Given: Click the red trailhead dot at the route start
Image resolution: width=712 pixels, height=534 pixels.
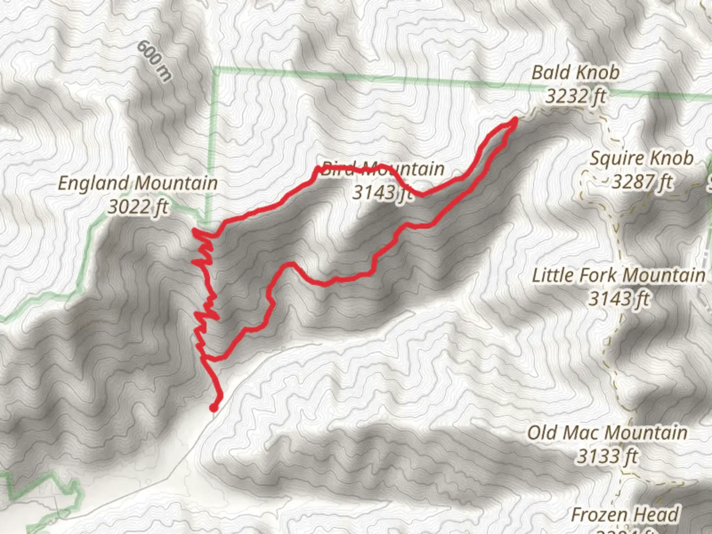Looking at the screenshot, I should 214,407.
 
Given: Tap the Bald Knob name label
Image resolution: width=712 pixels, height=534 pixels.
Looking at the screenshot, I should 575,73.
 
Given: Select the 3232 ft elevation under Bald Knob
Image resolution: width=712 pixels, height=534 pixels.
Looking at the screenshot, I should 576,95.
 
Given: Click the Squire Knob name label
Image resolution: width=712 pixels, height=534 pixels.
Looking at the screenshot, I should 641,159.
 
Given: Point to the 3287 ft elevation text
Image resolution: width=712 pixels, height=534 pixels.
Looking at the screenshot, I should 642,182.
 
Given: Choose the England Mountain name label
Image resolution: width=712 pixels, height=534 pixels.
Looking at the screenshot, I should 137,183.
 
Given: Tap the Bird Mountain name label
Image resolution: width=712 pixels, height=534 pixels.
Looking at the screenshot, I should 383,169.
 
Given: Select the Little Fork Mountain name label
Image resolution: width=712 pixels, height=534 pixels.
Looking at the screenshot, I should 619,275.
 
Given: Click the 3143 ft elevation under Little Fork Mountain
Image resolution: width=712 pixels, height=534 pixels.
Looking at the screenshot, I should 619,299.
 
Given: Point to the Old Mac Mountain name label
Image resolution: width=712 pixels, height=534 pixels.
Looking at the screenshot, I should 607,433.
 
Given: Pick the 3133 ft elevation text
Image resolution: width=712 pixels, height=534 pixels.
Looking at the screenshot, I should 607,456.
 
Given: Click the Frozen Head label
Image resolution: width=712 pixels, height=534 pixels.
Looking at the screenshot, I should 625,515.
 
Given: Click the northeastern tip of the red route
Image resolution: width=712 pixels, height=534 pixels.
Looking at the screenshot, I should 515,120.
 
